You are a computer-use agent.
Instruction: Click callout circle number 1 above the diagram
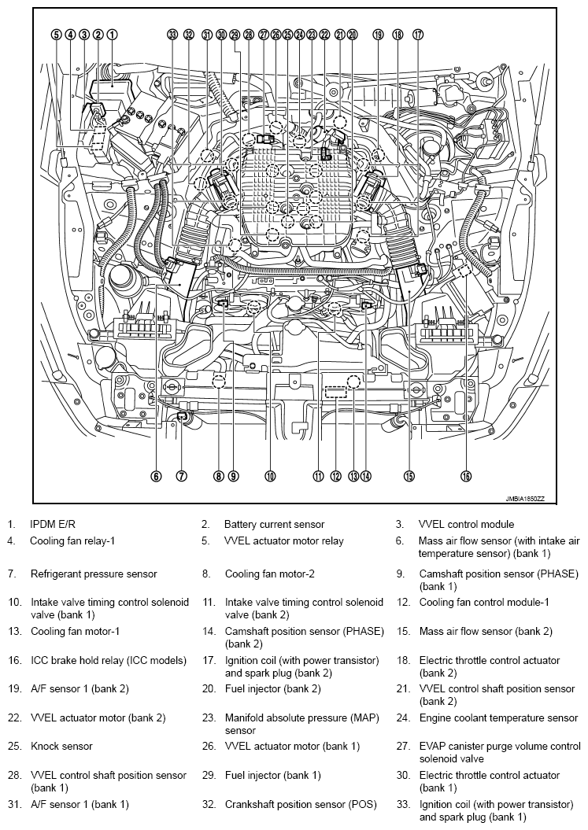coord(113,35)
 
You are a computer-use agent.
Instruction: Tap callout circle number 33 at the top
coord(172,35)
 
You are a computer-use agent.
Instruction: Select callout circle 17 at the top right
coord(418,35)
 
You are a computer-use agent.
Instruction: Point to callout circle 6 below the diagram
coord(156,476)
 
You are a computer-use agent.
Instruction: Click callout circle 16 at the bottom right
coord(466,476)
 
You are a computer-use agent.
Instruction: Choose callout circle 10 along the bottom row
coord(270,476)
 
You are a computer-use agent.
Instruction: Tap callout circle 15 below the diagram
coord(409,476)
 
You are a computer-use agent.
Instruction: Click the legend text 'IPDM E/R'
coord(53,525)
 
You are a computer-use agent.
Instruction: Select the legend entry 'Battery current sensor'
coord(275,525)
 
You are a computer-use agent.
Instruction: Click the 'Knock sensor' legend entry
coord(61,747)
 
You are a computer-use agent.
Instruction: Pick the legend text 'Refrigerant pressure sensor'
coord(94,574)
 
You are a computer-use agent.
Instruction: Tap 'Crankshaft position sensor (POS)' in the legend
coord(301,805)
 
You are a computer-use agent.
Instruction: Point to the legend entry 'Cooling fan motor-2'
coord(270,574)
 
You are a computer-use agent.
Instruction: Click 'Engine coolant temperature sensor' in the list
coord(498,718)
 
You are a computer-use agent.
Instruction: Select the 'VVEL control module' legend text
coord(466,525)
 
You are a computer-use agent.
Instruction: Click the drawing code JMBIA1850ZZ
coord(524,499)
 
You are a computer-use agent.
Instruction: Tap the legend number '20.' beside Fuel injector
coord(209,689)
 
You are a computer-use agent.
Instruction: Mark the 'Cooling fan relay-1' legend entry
coord(72,541)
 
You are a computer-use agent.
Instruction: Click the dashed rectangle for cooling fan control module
coord(335,393)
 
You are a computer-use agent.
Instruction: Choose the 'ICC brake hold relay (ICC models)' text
coord(109,661)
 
